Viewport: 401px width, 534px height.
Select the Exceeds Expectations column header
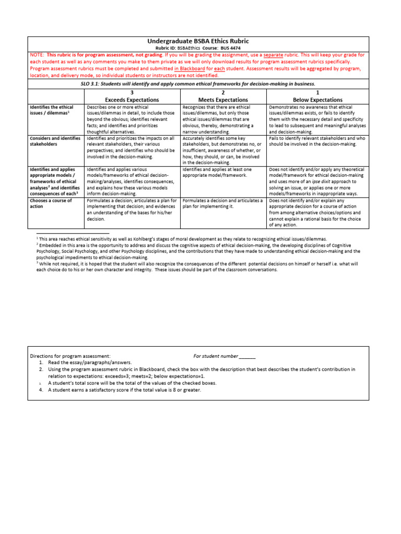[x=133, y=100]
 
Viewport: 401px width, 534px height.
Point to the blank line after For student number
[x=247, y=356]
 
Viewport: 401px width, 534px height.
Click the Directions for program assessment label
[x=70, y=356]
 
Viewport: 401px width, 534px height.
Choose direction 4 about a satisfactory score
[x=124, y=390]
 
